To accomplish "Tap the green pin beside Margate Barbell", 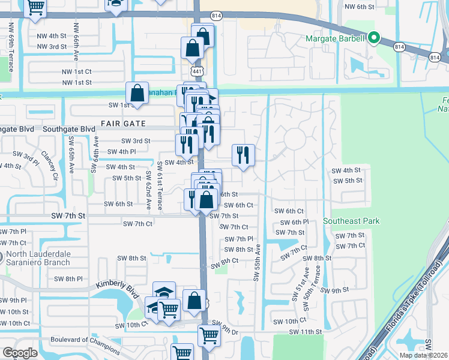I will click(x=374, y=39).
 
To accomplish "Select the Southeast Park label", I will click(x=351, y=221).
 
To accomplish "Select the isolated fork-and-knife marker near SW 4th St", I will click(x=243, y=155).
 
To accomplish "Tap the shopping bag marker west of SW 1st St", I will click(x=137, y=93).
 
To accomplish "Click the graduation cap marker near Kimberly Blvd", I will click(x=164, y=292).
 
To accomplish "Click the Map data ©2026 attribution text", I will click(x=423, y=355).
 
